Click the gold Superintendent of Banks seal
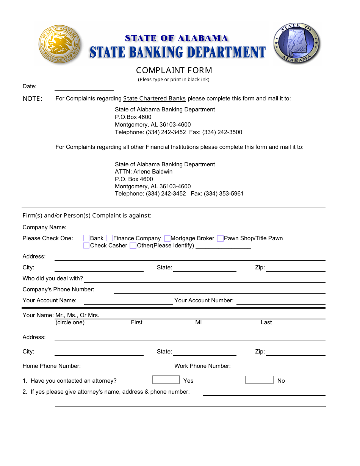pyautogui.click(x=59, y=45)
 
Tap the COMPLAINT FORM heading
pyautogui.click(x=174, y=70)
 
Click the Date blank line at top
pyautogui.click(x=84, y=88)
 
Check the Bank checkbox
pyautogui.click(x=86, y=238)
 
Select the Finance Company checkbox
pyautogui.click(x=110, y=238)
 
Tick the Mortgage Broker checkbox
pyautogui.click(x=167, y=238)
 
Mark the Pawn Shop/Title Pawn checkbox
pyautogui.click(x=220, y=238)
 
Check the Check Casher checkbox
pyautogui.click(x=86, y=246)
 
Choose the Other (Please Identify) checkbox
pyautogui.click(x=133, y=246)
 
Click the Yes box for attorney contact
pyautogui.click(x=166, y=380)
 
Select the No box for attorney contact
pyautogui.click(x=259, y=380)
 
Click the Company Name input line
pyautogui.click(x=205, y=228)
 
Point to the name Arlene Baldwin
pyautogui.click(x=153, y=172)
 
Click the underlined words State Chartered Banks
pyautogui.click(x=154, y=99)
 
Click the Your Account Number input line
pyautogui.click(x=281, y=302)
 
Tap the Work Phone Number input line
pyautogui.click(x=281, y=367)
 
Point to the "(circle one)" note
pyautogui.click(x=70, y=322)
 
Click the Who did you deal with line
pyautogui.click(x=205, y=280)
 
